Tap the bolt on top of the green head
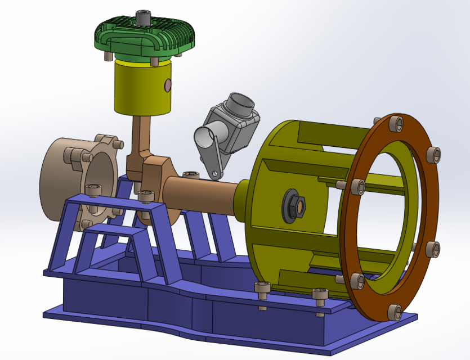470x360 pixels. [145, 17]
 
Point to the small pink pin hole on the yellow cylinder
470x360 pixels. [167, 85]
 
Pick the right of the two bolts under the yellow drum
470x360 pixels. [319, 295]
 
